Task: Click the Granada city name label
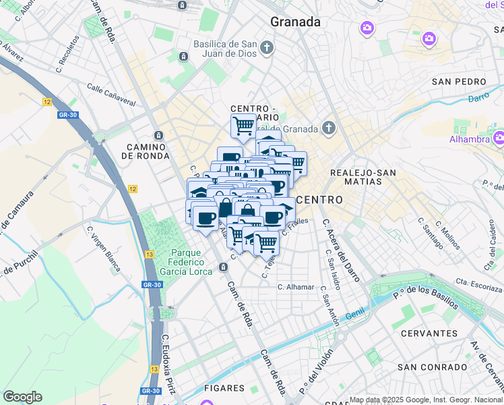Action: (295, 22)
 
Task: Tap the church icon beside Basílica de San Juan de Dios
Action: (267, 47)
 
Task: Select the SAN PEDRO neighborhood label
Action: (459, 82)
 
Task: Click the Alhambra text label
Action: (469, 139)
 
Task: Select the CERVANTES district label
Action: (429, 333)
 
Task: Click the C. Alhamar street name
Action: (296, 287)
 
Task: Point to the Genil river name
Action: (354, 315)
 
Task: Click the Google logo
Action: (22, 397)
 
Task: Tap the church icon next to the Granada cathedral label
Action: (328, 128)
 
